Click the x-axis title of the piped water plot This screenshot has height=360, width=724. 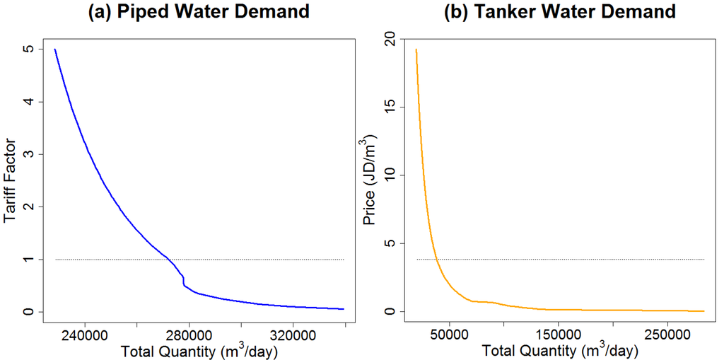click(x=199, y=350)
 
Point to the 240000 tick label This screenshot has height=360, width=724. click(x=84, y=333)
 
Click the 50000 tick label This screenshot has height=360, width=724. click(x=450, y=333)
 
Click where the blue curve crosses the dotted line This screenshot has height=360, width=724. click(x=170, y=260)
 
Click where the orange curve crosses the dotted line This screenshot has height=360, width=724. click(x=437, y=260)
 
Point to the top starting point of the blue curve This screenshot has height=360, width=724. click(x=55, y=50)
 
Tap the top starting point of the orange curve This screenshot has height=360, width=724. click(x=416, y=50)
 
